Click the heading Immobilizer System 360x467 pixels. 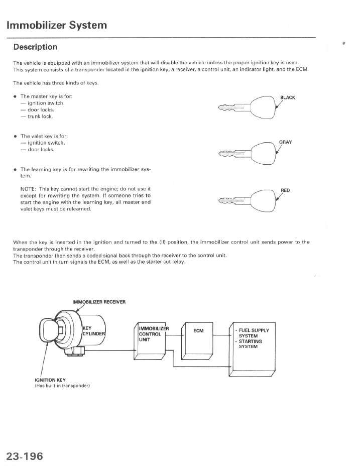[57, 25]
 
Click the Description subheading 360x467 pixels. [35, 47]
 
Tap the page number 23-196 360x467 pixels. [25, 456]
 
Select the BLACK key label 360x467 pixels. [287, 97]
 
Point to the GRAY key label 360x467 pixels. [285, 142]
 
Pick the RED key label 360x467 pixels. [285, 190]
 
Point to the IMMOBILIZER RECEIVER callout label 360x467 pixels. [99, 302]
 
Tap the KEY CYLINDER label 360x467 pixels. [93, 331]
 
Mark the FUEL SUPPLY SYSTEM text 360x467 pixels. [254, 333]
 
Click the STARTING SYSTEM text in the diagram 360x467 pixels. [250, 344]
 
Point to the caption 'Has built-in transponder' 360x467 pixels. [62, 386]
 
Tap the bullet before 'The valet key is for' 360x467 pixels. [16, 136]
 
